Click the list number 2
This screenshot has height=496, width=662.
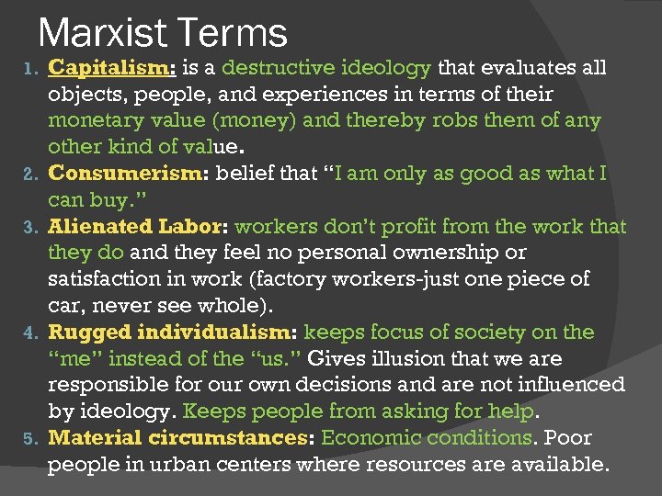[29, 174]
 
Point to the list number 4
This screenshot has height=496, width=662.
[29, 333]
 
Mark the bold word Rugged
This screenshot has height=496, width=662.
[81, 332]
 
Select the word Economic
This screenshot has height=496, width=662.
[366, 438]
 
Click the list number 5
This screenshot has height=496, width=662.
[29, 439]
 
